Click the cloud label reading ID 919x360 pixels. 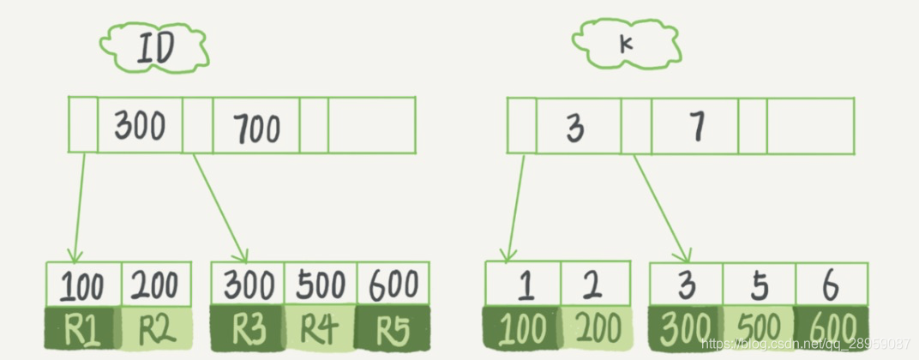coord(155,48)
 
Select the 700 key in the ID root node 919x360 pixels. coord(255,127)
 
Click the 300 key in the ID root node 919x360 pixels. coord(141,126)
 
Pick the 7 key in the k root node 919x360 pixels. coord(694,127)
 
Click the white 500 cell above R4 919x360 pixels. coord(320,284)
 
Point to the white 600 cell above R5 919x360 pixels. coord(392,284)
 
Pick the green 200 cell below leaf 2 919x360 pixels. coord(596,327)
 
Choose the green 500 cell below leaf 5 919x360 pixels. coord(759,327)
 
